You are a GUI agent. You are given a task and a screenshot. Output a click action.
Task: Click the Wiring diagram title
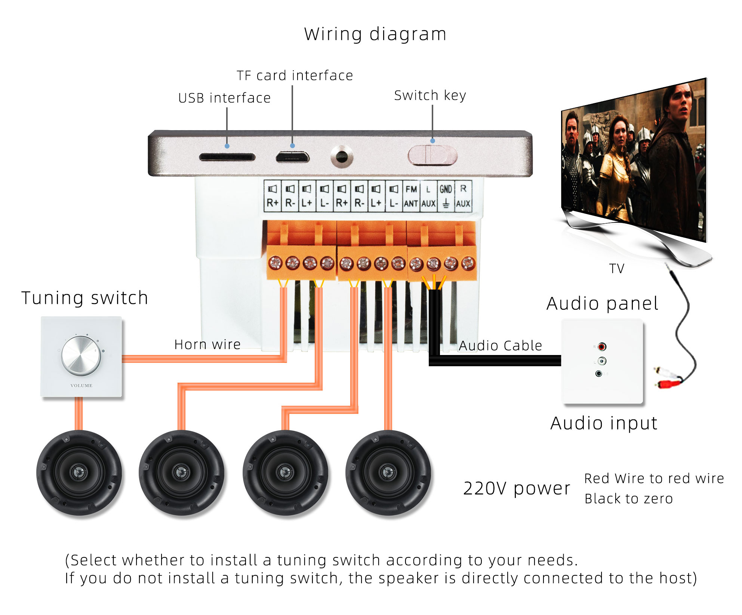pos(375,34)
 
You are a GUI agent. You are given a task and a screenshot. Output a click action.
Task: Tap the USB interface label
pos(224,98)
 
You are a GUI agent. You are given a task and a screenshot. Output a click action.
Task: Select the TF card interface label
pos(295,76)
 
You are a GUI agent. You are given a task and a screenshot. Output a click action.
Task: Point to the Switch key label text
pos(430,95)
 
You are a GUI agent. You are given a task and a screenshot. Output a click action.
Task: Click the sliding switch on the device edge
pos(432,155)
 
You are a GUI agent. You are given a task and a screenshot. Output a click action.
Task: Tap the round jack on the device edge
pos(342,157)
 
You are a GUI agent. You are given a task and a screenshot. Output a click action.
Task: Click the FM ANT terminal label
pos(411,196)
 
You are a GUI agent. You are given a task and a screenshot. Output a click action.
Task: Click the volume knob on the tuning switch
pos(81,355)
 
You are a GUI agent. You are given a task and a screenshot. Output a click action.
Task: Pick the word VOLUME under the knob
pos(81,386)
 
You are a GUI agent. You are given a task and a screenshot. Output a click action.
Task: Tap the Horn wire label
pos(207,345)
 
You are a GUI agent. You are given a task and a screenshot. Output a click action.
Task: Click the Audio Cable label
pos(500,346)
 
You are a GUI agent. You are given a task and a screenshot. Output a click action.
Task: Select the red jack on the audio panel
pos(602,347)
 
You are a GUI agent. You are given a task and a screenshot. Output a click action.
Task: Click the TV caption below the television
pos(616,269)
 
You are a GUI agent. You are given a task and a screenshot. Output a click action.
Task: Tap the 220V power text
pos(517,488)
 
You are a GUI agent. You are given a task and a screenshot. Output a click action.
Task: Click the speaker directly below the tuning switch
pos(79,472)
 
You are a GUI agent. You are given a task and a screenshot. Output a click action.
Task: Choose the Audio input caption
pos(604,423)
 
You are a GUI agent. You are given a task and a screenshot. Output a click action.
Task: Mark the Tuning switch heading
pos(84,298)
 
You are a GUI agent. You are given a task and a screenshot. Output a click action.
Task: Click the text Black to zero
pos(628,499)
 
